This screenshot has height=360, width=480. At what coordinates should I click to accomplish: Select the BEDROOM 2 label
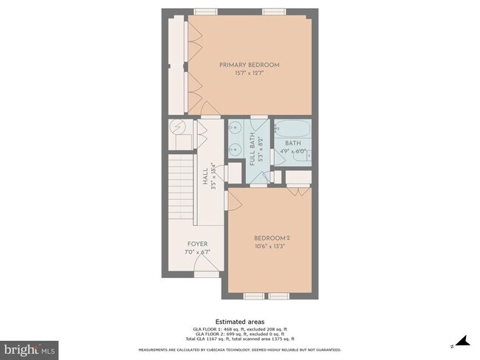click(x=271, y=238)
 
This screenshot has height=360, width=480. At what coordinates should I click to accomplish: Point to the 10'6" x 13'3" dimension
click(x=271, y=246)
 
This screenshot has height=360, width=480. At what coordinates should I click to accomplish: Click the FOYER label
click(x=197, y=243)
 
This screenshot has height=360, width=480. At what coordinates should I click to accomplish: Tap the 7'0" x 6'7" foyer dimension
click(x=197, y=252)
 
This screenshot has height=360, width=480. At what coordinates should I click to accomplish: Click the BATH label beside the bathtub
click(x=293, y=143)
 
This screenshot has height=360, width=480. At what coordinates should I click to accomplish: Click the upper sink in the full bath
click(x=235, y=128)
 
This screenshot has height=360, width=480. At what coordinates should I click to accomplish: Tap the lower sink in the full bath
click(x=235, y=148)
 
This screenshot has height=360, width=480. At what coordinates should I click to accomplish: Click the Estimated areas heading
click(x=240, y=322)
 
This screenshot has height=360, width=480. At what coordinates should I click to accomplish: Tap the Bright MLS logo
click(x=30, y=347)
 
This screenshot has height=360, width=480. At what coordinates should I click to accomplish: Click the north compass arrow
click(x=462, y=342)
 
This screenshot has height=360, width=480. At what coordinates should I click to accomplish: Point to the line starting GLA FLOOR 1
click(x=240, y=329)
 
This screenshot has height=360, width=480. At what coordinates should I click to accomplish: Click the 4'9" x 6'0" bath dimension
click(x=293, y=152)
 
